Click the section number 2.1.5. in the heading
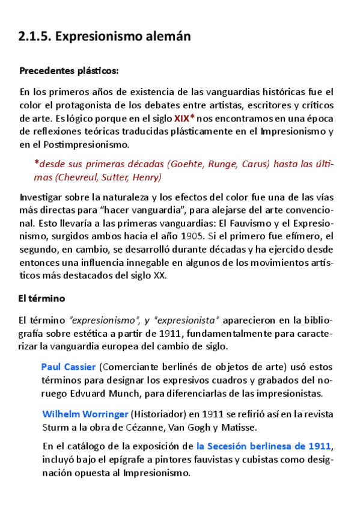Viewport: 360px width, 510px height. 35,37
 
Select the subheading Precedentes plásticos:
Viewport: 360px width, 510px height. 69,72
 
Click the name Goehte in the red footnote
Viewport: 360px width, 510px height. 186,164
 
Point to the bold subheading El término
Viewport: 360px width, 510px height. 41,298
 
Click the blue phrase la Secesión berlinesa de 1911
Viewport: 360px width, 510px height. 264,446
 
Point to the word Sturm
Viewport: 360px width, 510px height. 56,428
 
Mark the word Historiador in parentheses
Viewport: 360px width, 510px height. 160,414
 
